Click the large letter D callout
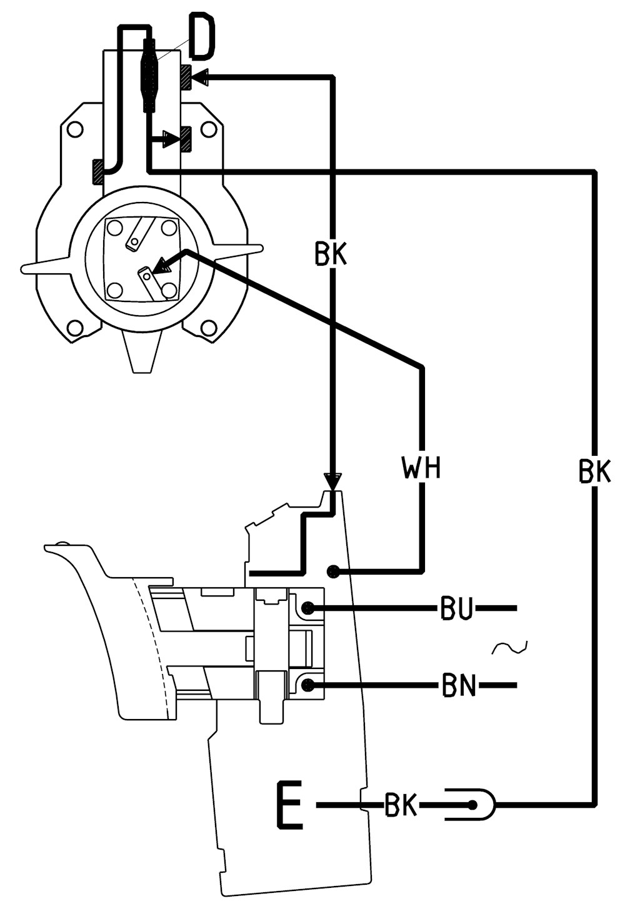click(201, 38)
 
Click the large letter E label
click(289, 805)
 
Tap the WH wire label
click(421, 468)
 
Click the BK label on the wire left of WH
click(331, 254)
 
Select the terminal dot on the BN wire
click(309, 685)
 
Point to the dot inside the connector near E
click(471, 805)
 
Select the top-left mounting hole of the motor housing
click(74, 130)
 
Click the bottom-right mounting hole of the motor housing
click(208, 327)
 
